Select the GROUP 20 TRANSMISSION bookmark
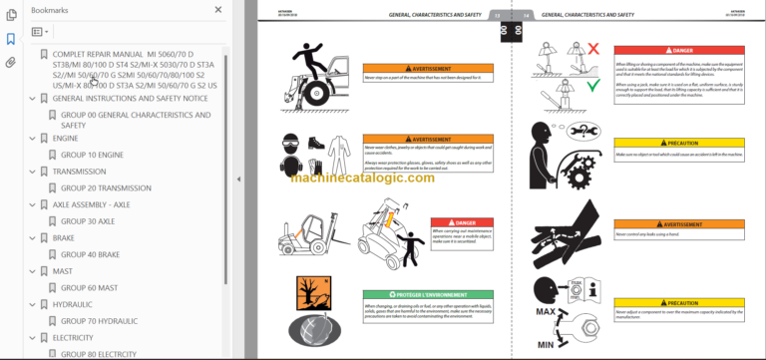coord(106,187)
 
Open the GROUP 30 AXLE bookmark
coord(88,220)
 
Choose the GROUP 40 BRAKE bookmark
coord(91,254)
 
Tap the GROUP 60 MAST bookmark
coord(89,287)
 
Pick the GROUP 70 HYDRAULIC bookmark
coord(100,320)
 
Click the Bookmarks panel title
coord(50,9)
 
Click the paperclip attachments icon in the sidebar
coord(11,62)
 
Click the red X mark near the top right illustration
coord(565,48)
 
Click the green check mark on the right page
coord(565,86)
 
